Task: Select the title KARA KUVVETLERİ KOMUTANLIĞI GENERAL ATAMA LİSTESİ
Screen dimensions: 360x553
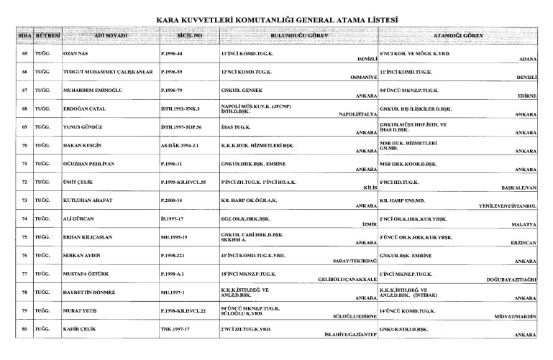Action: click(x=277, y=19)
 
